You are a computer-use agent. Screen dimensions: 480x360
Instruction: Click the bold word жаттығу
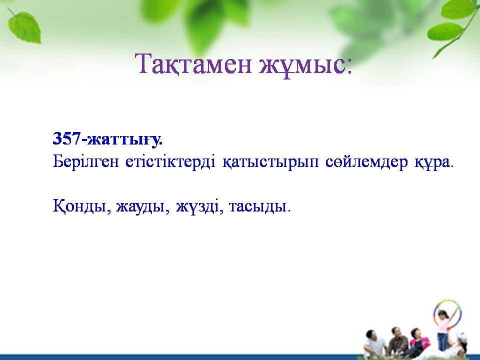(124, 140)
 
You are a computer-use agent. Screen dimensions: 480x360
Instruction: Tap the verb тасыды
(257, 207)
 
